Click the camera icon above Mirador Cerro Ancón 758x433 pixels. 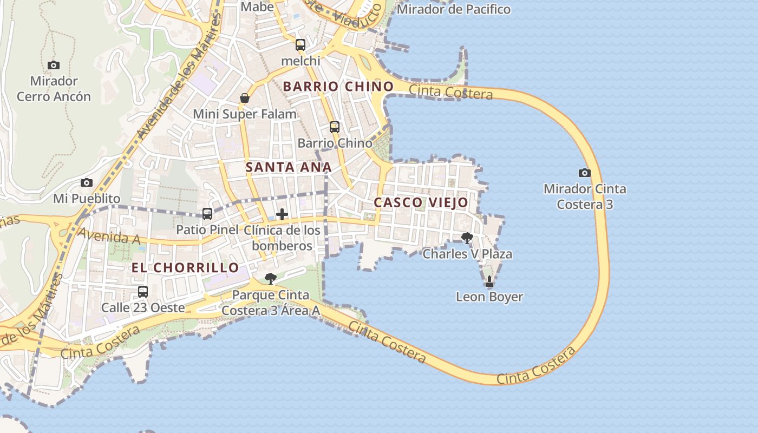54,65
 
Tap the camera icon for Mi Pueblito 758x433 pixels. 87,183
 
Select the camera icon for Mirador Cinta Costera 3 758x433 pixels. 584,173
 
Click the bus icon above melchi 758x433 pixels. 300,45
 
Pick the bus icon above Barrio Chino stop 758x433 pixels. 335,127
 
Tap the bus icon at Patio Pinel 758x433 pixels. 207,214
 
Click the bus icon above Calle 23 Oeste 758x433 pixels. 143,292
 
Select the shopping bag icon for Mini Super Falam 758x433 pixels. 245,98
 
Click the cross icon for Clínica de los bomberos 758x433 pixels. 282,214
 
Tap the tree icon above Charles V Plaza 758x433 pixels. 467,238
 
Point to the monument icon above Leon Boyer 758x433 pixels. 489,281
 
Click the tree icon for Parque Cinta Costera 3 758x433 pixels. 270,279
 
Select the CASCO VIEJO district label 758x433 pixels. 421,202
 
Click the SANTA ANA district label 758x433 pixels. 288,167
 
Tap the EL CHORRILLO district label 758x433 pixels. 185,267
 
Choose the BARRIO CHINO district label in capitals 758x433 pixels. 338,86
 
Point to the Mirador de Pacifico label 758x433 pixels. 454,9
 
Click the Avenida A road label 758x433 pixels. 109,237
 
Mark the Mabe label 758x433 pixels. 257,6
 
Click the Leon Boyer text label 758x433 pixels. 489,297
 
